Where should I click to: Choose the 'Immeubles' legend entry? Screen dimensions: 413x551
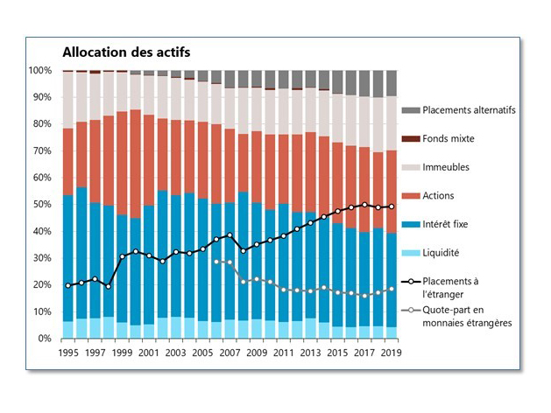coord(448,167)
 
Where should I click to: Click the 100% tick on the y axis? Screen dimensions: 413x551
coord(41,70)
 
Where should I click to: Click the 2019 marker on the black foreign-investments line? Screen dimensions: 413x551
coord(392,206)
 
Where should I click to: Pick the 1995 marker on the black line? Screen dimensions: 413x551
coord(68,285)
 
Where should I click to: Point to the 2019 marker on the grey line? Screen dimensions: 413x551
coord(392,289)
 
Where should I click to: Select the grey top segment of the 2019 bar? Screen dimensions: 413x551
coord(392,83)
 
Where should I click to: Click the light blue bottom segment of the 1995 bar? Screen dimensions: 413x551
coord(68,330)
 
